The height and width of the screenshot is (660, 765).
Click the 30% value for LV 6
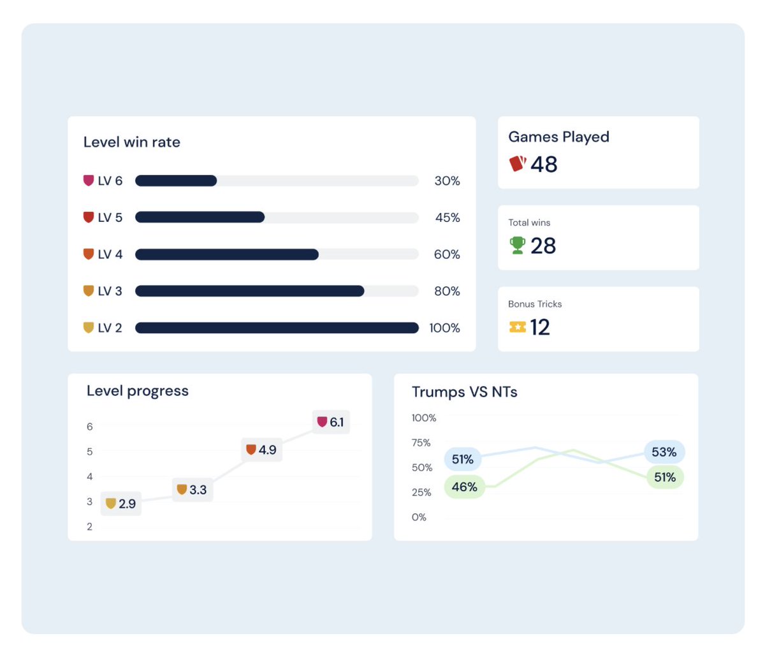(447, 181)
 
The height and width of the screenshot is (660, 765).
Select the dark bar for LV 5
(200, 217)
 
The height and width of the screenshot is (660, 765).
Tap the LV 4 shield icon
(89, 254)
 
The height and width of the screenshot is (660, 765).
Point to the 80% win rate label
(447, 291)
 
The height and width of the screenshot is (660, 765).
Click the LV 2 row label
(110, 328)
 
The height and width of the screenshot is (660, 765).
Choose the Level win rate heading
(132, 142)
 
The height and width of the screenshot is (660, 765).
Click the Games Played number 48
(544, 165)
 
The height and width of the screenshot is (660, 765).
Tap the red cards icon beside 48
(518, 164)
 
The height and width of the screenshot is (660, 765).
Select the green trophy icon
(518, 246)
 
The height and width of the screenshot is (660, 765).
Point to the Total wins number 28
(543, 246)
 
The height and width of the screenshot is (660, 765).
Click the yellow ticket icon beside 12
(518, 327)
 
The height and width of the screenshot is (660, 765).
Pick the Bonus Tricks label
(535, 304)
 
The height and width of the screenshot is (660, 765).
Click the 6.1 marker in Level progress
(331, 422)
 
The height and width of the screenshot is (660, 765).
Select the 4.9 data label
(261, 450)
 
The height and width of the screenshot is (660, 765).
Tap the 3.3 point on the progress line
(192, 490)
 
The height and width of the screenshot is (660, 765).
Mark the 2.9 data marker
(121, 504)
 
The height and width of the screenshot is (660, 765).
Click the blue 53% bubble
(664, 452)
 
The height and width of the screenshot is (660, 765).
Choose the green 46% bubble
(464, 487)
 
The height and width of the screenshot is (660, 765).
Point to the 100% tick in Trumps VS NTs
(424, 418)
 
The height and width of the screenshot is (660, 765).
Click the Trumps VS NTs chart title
(464, 392)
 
